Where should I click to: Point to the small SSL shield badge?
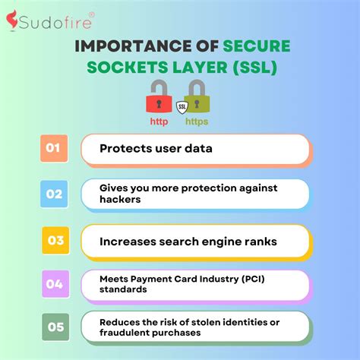181,108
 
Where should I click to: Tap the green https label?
197,122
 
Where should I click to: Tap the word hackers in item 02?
120,200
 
